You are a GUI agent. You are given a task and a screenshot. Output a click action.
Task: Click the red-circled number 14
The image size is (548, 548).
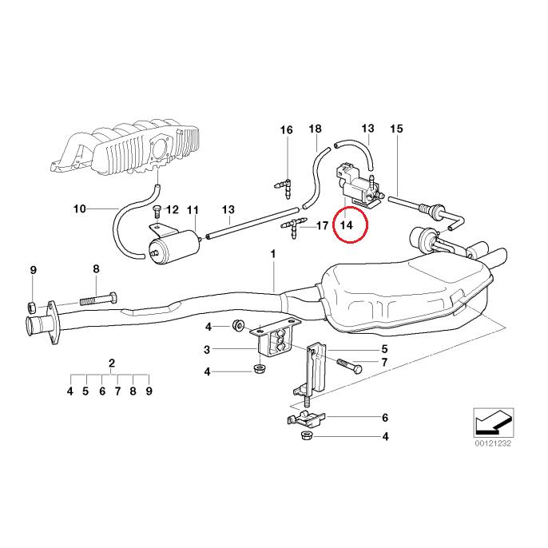coord(346,224)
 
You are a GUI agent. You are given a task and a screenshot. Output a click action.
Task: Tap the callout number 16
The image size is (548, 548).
coord(286,129)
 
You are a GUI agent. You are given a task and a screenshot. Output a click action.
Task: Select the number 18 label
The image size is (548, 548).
coord(315,129)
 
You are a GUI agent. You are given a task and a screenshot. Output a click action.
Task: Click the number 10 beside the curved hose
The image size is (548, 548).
coord(79,210)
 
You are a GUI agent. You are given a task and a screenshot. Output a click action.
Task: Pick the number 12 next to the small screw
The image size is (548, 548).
coord(173,210)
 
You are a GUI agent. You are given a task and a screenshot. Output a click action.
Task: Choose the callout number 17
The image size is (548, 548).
coord(322,226)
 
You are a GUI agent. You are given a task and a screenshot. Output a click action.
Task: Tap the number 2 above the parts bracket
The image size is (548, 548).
coord(110,362)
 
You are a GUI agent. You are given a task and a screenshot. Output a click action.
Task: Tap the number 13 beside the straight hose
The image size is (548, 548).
coord(228,210)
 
